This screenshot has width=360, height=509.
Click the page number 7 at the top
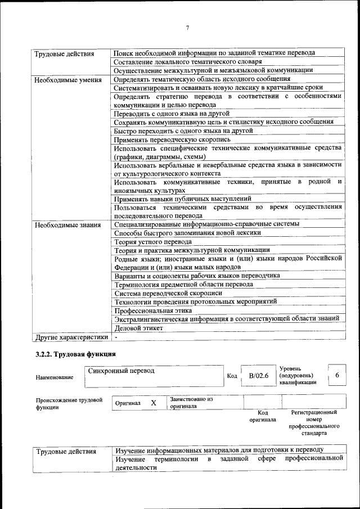click(x=188, y=29)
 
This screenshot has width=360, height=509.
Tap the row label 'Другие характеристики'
click(x=71, y=337)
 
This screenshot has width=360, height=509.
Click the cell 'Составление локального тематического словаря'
click(x=187, y=62)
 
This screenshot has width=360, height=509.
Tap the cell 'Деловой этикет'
click(x=139, y=328)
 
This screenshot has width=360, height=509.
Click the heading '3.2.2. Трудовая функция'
click(x=75, y=354)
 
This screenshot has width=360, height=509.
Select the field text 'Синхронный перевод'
click(x=121, y=371)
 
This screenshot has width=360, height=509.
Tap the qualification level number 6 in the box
click(x=337, y=375)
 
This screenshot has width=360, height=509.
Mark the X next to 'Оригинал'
click(x=153, y=403)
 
